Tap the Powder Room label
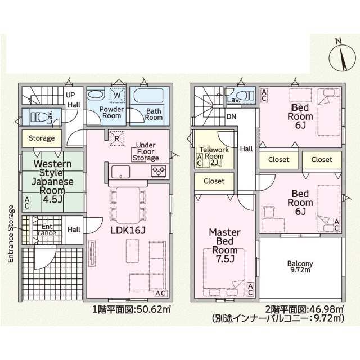pyautogui.click(x=111, y=112)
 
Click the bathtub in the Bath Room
pyautogui.click(x=147, y=95)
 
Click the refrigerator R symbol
pyautogui.click(x=116, y=137)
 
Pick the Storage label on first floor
pyautogui.click(x=42, y=138)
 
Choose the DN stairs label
pyautogui.click(x=231, y=117)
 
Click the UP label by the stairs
pyautogui.click(x=71, y=95)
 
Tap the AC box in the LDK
pyautogui.click(x=159, y=292)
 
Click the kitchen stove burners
pyautogui.click(x=157, y=170)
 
